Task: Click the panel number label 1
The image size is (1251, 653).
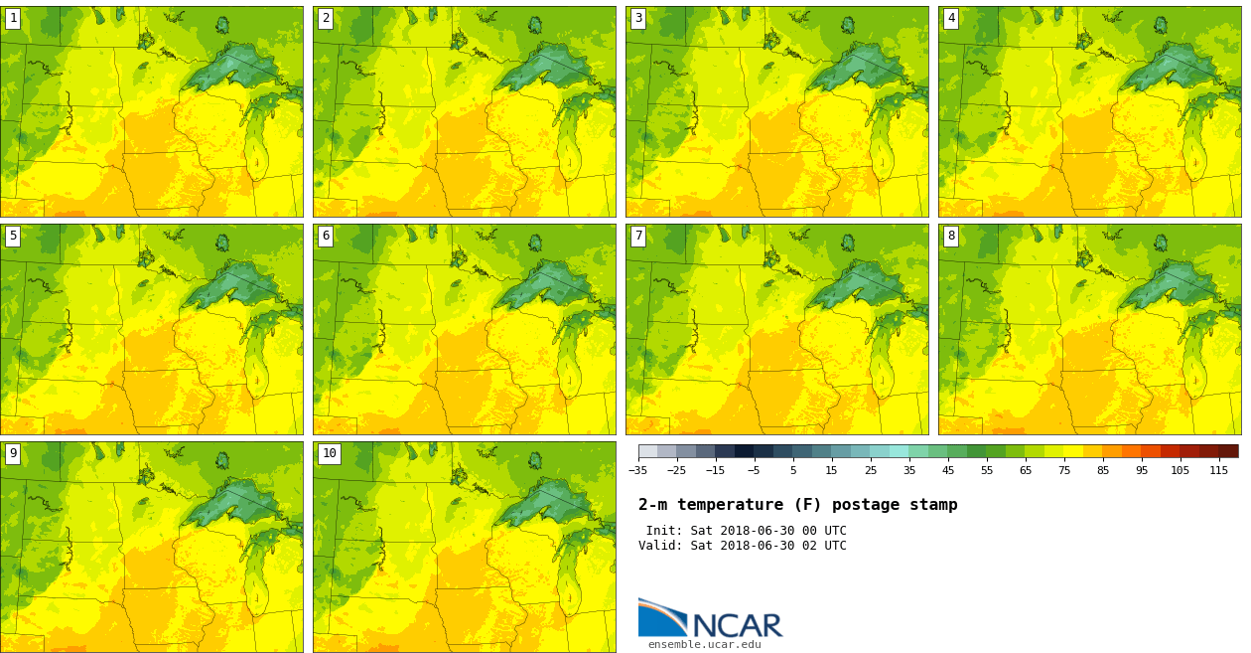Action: (13, 18)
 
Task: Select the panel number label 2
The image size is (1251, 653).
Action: (326, 18)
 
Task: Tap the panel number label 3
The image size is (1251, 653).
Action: (638, 18)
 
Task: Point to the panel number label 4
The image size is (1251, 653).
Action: (951, 18)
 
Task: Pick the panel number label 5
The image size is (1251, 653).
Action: (13, 236)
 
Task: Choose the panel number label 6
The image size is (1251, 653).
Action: (326, 236)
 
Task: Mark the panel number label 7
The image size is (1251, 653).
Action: (638, 236)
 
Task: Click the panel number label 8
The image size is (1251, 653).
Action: (951, 236)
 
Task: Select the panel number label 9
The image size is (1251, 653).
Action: (13, 453)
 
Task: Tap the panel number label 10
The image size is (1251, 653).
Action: (329, 453)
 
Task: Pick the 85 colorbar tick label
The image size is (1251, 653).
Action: (1103, 470)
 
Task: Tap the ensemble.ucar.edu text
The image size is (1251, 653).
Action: (705, 644)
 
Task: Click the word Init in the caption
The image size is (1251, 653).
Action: (663, 531)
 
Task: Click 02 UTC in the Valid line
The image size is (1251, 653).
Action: (822, 546)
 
